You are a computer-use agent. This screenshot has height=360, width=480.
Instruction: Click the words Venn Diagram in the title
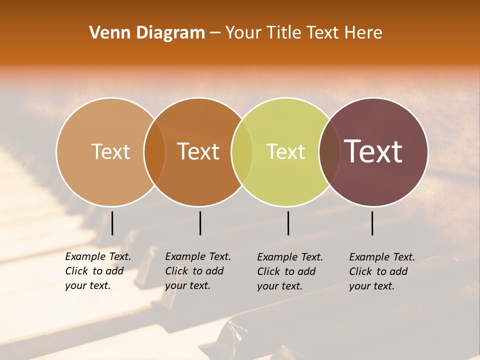pyautogui.click(x=147, y=33)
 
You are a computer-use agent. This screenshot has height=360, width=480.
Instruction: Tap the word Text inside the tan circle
pyautogui.click(x=110, y=151)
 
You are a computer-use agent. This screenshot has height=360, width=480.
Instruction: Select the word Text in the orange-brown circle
pyautogui.click(x=198, y=151)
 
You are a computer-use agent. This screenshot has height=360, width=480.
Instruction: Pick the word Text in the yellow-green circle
pyautogui.click(x=285, y=151)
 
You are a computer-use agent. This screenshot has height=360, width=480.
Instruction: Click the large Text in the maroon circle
pyautogui.click(x=373, y=151)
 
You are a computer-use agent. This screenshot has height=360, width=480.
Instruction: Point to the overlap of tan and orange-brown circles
pyautogui.click(x=154, y=151)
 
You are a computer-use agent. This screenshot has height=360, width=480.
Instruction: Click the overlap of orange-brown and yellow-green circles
pyautogui.click(x=242, y=151)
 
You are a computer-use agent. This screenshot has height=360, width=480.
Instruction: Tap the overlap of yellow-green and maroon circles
pyautogui.click(x=329, y=151)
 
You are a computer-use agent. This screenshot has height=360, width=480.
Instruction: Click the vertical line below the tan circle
pyautogui.click(x=112, y=223)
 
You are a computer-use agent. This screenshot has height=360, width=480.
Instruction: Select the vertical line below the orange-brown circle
pyautogui.click(x=200, y=223)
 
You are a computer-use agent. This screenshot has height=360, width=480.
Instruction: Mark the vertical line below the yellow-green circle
pyautogui.click(x=288, y=223)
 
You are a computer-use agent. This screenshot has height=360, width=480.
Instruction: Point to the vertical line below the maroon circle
pyautogui.click(x=372, y=223)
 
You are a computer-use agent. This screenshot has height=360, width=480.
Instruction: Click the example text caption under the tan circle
pyautogui.click(x=97, y=271)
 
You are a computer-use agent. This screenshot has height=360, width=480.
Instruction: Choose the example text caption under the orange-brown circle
pyautogui.click(x=197, y=271)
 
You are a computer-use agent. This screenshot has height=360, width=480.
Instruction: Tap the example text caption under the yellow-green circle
pyautogui.click(x=289, y=271)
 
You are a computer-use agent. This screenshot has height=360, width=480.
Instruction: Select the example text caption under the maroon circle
pyautogui.click(x=381, y=271)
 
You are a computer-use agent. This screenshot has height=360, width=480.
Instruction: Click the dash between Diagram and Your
pyautogui.click(x=215, y=33)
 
